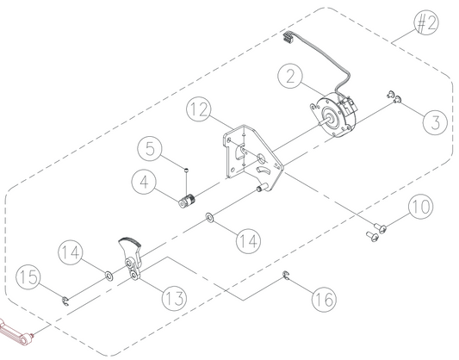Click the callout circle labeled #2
pos(426,22)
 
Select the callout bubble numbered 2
pos(290,76)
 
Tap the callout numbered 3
pos(435,122)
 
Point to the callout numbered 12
pos(199,109)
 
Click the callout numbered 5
pos(150,148)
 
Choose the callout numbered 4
pos(144,182)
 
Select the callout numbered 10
pos(421,207)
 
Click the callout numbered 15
pos(28,276)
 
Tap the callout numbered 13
pos(174,298)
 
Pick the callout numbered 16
pos(324,299)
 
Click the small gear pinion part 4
pos(188,201)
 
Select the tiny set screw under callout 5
pos(186,169)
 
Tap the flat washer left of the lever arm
pos(109,276)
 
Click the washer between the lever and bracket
pos(209,217)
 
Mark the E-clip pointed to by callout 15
pos(65,301)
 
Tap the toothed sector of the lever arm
pos(130,241)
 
